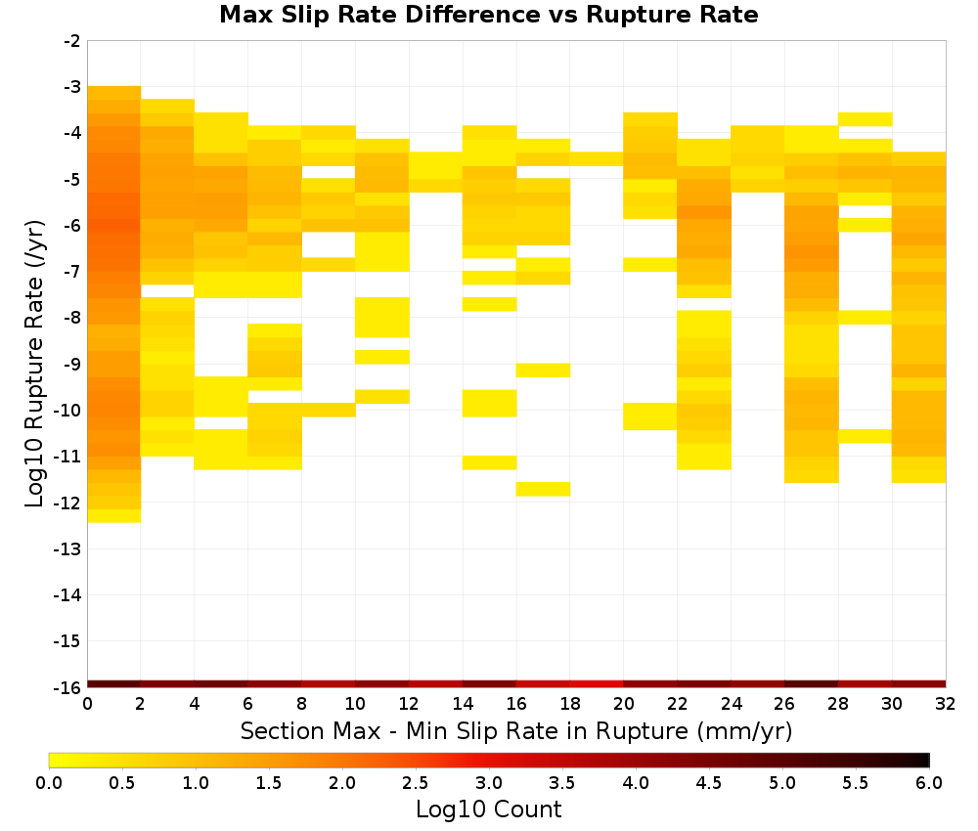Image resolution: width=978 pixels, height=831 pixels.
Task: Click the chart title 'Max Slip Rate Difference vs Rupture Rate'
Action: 488,15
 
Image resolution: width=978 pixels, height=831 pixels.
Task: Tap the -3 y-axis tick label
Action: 72,87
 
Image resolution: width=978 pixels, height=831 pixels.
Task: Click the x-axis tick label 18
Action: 570,704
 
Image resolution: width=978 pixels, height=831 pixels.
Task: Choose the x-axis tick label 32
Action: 946,704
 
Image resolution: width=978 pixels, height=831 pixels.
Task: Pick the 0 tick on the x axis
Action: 87,704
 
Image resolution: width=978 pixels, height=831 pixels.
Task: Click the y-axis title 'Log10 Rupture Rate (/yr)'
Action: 34,364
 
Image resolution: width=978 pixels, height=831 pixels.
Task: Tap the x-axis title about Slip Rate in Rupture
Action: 516,731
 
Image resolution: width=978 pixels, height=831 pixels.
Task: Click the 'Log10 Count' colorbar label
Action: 488,809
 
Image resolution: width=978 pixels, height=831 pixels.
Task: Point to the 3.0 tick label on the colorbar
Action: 489,782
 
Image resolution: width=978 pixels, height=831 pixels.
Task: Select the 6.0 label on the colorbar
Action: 929,782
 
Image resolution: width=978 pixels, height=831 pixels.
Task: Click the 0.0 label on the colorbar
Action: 49,782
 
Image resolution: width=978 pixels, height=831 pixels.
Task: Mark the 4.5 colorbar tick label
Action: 708,782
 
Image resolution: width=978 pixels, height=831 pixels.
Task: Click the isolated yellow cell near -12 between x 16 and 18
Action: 543,490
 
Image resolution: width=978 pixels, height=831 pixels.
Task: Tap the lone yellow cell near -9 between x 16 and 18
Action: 543,371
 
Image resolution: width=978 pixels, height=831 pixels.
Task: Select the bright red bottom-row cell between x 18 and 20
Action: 597,684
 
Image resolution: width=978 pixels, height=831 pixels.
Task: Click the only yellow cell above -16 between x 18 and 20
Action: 597,159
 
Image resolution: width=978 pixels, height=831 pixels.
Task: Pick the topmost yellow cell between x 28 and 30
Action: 866,119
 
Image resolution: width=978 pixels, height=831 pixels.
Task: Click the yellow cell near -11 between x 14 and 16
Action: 490,462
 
